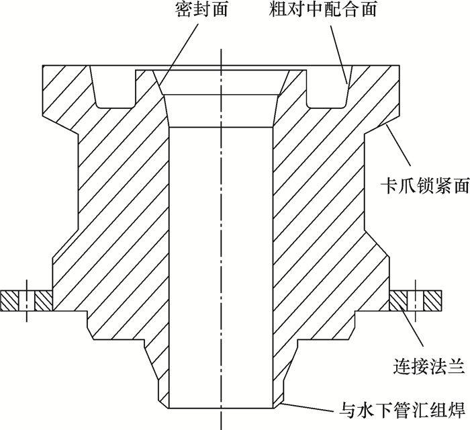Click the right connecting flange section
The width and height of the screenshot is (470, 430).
point(416,300)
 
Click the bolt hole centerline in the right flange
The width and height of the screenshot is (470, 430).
point(416,300)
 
